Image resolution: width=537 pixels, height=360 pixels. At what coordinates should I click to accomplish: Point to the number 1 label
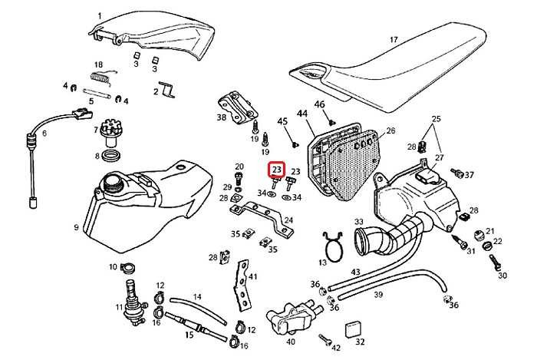point(100,15)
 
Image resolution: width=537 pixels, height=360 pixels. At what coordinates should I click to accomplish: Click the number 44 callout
point(301,114)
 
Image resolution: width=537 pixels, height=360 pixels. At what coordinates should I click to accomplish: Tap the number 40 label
point(290,342)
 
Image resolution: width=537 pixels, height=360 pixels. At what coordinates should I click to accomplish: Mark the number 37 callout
point(469,175)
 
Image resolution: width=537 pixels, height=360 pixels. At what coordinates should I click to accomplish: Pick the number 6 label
point(44,133)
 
